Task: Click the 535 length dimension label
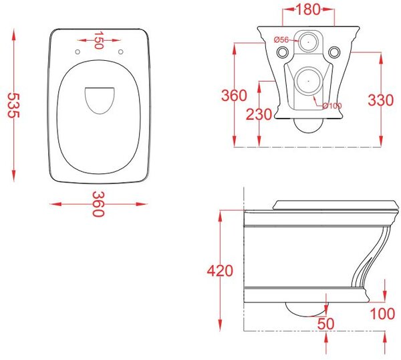pos(13,105)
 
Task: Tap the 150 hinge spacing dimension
pos(98,40)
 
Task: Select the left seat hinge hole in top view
pos(78,52)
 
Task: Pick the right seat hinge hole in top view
pos(121,52)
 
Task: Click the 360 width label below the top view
pos(98,204)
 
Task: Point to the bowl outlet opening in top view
pos(100,100)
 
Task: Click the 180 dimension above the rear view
pos(308,9)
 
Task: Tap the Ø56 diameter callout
pos(281,39)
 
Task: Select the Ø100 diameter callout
pos(332,106)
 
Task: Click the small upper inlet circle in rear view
pos(308,41)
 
